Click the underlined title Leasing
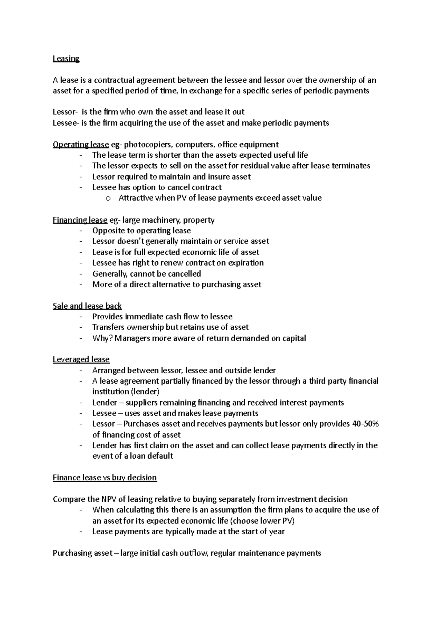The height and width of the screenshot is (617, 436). [66, 59]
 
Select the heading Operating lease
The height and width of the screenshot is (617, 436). [81, 145]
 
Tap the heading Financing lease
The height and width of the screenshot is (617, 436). [80, 220]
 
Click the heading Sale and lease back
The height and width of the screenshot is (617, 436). [87, 306]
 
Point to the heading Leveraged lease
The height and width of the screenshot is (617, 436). [81, 360]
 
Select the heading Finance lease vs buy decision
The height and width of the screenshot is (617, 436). [105, 478]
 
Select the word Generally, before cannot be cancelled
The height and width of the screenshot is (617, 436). [110, 274]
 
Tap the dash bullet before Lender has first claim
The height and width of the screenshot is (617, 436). [80, 445]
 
